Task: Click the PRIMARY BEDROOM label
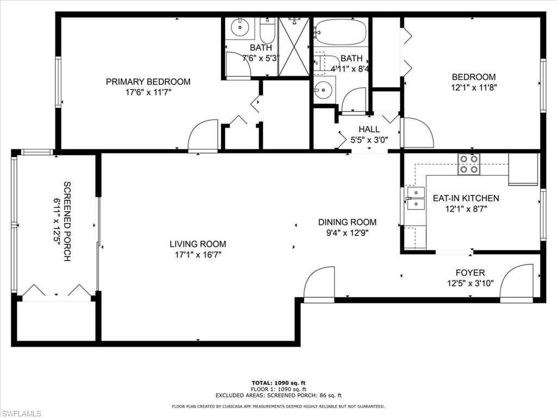click(x=148, y=82)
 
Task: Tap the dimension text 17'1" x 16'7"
click(x=197, y=254)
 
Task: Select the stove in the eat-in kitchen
click(x=469, y=164)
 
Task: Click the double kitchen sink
click(x=416, y=199)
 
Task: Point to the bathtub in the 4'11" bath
click(x=341, y=32)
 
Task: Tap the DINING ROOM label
click(x=347, y=222)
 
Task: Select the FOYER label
click(x=470, y=273)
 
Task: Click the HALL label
click(x=369, y=130)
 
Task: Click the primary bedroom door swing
click(x=203, y=136)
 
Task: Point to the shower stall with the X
click(x=294, y=46)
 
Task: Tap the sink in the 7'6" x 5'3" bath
click(x=239, y=27)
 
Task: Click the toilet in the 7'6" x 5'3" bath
click(x=267, y=30)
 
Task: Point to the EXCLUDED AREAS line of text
click(x=278, y=396)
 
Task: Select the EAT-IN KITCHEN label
click(x=466, y=198)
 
